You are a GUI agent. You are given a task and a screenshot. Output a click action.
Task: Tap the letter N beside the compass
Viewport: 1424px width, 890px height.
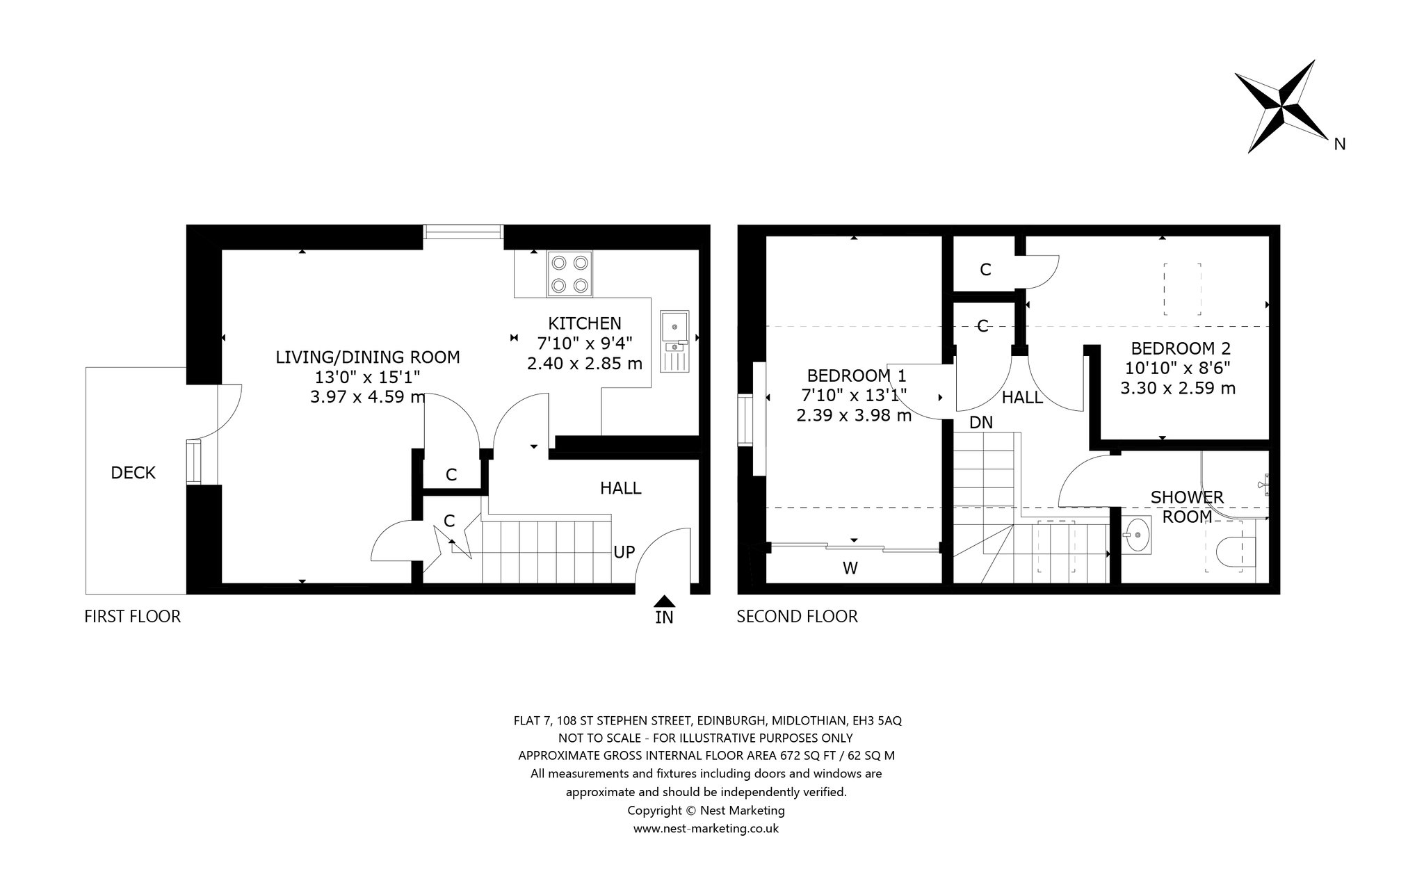tap(1340, 144)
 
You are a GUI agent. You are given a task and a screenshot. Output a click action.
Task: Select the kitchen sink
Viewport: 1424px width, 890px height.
tap(674, 341)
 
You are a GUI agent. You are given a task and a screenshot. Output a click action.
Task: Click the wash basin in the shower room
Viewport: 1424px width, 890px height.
tap(1138, 535)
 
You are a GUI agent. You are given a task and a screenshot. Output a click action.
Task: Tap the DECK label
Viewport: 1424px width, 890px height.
tap(133, 473)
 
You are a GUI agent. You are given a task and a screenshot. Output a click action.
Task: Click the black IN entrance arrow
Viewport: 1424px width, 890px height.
tap(665, 601)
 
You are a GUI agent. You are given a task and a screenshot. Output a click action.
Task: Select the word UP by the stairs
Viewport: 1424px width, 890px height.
tap(624, 552)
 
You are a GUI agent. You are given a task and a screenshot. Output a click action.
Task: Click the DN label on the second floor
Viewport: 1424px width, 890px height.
tap(981, 422)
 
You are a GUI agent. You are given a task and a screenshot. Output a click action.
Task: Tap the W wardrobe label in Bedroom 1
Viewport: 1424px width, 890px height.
tap(850, 568)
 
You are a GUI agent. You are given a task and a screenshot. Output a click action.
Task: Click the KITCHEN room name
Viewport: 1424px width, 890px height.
tap(585, 323)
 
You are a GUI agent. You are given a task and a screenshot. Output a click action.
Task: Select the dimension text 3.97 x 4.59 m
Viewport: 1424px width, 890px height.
tap(368, 397)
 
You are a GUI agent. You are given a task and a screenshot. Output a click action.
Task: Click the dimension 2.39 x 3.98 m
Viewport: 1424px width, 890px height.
tap(854, 415)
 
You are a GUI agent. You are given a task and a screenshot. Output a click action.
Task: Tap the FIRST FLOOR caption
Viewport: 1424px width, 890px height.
tap(132, 616)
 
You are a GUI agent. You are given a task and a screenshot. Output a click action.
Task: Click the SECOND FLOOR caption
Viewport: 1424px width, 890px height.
tap(798, 616)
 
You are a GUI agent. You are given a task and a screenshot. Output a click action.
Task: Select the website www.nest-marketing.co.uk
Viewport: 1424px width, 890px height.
tap(706, 828)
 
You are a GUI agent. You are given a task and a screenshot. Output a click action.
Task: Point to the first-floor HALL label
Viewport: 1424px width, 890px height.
tap(621, 488)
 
